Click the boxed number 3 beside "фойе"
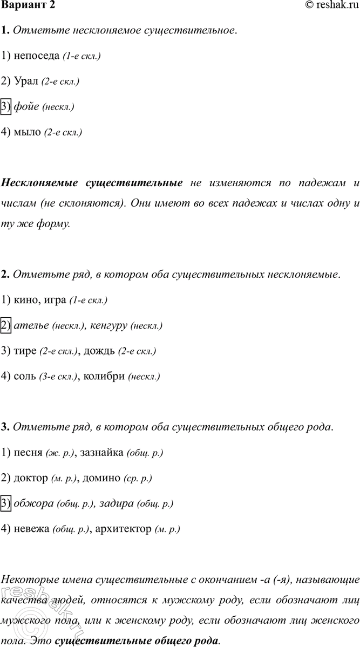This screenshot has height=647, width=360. [6, 106]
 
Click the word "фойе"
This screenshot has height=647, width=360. [26, 106]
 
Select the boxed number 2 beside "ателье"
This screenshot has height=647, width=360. [6, 325]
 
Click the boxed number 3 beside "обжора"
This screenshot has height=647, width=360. [6, 504]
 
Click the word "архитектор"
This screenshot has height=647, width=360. [122, 529]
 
